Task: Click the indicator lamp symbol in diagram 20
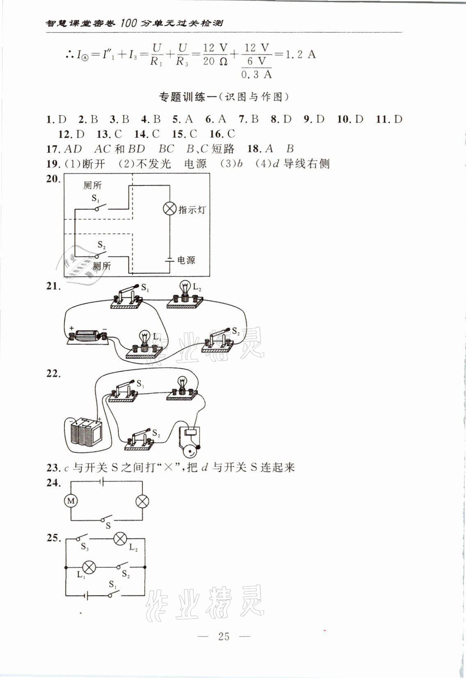pyautogui.click(x=170, y=209)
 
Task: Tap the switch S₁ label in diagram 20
pyautogui.click(x=96, y=199)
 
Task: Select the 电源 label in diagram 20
pyautogui.click(x=186, y=260)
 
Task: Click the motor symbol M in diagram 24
pyautogui.click(x=71, y=501)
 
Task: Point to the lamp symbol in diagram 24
pyautogui.click(x=142, y=501)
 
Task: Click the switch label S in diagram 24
pyautogui.click(x=108, y=525)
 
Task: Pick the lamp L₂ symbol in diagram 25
pyautogui.click(x=120, y=538)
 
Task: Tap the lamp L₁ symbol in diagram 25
pyautogui.click(x=89, y=567)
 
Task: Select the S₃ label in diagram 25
pyautogui.click(x=85, y=547)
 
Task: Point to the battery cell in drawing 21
pyautogui.click(x=87, y=336)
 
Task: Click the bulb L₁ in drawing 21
pyautogui.click(x=144, y=340)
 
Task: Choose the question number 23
pyautogui.click(x=52, y=467)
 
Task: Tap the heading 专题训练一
pyautogui.click(x=186, y=97)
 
